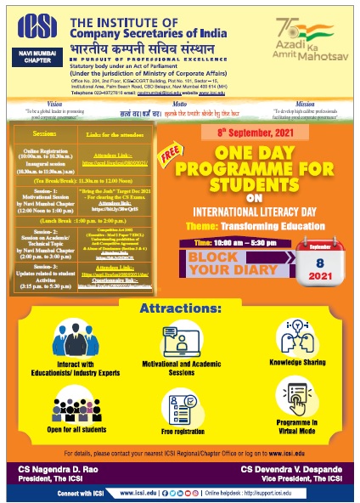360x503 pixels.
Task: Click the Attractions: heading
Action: click(179, 284)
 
